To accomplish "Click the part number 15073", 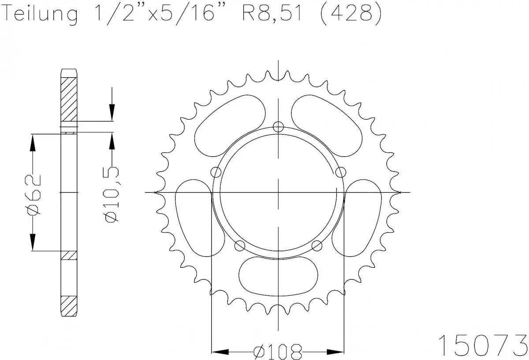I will [x=482, y=343].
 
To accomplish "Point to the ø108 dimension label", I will [x=278, y=352].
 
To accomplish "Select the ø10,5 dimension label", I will [x=112, y=194].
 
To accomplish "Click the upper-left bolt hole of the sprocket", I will [x=216, y=172].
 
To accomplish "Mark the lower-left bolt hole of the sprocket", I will [x=240, y=245].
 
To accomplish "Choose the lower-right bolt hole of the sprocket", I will [x=316, y=245].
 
